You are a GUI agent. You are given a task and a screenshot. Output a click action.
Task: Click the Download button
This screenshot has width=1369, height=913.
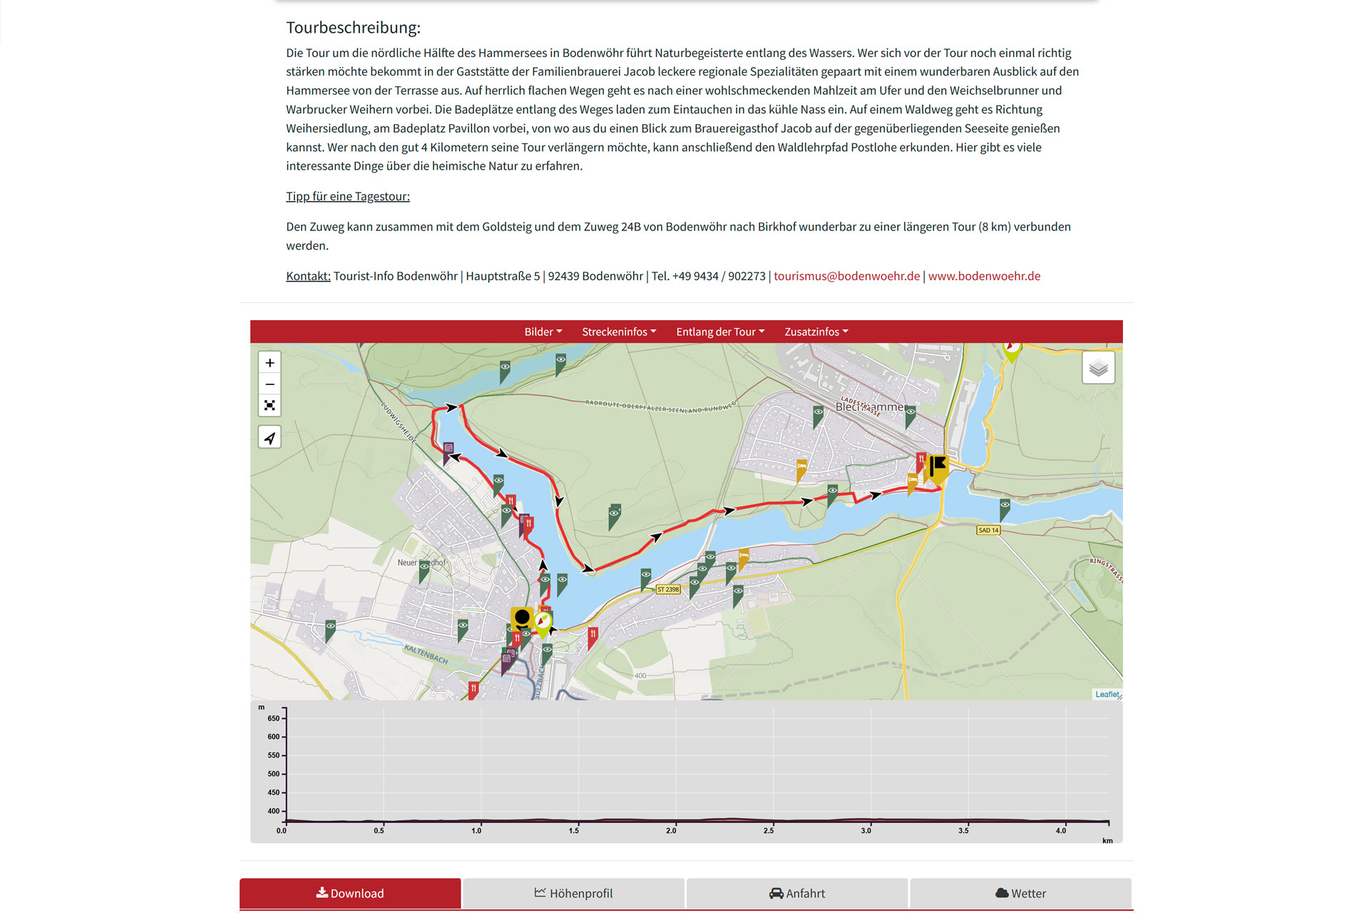[x=350, y=893]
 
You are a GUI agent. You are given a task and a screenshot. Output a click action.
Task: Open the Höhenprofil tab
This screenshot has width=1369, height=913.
[x=574, y=893]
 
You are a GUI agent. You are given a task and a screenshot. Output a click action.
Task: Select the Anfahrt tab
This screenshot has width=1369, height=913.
[x=797, y=893]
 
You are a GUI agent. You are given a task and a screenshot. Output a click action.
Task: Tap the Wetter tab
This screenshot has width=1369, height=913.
[x=1020, y=893]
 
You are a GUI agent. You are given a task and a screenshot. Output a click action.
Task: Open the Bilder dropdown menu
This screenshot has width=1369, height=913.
[x=543, y=332]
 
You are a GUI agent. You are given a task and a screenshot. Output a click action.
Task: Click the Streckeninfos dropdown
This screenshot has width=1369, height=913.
[x=619, y=332]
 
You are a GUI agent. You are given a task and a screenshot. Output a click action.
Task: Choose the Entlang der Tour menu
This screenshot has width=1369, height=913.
[x=720, y=332]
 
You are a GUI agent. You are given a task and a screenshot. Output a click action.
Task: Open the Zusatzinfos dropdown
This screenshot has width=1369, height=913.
[x=816, y=332]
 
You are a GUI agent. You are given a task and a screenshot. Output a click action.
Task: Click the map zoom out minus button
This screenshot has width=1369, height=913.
[x=270, y=384]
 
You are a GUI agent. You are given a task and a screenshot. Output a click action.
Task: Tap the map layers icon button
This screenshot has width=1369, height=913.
[x=1098, y=368]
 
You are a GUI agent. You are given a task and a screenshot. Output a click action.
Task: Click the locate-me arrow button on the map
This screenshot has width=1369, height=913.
[x=270, y=437]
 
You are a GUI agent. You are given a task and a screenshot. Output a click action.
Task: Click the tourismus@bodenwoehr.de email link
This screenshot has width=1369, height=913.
[x=846, y=276]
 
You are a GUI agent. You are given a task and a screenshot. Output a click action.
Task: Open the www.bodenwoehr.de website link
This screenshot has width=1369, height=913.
[x=984, y=276]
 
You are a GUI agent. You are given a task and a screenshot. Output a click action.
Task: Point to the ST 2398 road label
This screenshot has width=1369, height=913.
[x=668, y=589]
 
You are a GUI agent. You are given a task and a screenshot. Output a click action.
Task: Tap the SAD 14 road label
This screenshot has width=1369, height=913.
[x=988, y=530]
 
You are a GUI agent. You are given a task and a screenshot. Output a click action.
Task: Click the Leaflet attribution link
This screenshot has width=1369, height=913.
[x=1107, y=694]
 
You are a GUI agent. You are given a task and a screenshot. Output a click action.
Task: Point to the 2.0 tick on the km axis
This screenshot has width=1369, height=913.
[x=671, y=830]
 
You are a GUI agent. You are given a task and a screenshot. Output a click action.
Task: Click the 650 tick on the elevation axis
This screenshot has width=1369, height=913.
[x=274, y=718]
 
